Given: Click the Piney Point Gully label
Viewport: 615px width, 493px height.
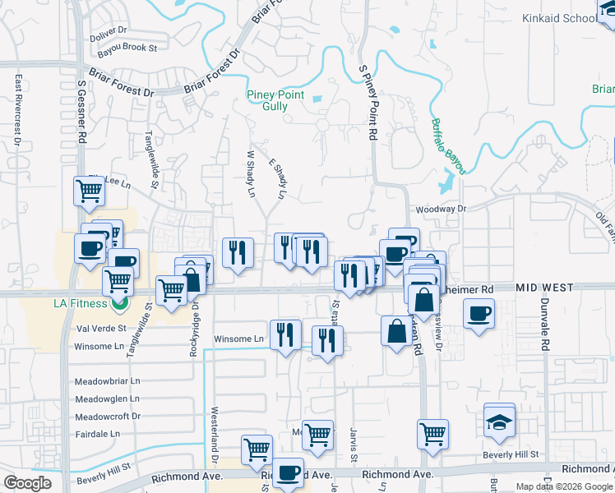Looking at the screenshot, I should (275, 100).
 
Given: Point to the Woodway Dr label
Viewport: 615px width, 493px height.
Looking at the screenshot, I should (442, 210).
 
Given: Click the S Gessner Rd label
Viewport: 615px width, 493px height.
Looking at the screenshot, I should (81, 112).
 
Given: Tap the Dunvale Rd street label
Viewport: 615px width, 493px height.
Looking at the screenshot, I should (543, 325).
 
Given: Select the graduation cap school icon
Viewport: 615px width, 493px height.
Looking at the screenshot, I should (499, 422).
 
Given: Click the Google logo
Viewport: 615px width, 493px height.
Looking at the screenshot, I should (28, 482).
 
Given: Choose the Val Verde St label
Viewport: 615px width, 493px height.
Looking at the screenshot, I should (99, 327).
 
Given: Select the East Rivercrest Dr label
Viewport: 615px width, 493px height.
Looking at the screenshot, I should (17, 112).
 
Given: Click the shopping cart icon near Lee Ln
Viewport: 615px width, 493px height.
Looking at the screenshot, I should (89, 191).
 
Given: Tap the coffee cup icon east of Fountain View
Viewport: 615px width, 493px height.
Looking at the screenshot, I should (479, 313).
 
